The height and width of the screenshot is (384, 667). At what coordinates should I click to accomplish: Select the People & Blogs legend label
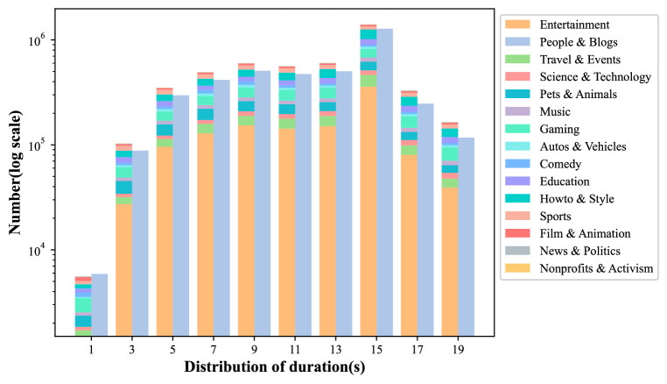[x=579, y=42]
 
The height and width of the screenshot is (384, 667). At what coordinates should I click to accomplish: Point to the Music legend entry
[x=555, y=111]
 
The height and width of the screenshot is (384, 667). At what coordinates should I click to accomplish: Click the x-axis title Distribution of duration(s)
[x=274, y=367]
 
